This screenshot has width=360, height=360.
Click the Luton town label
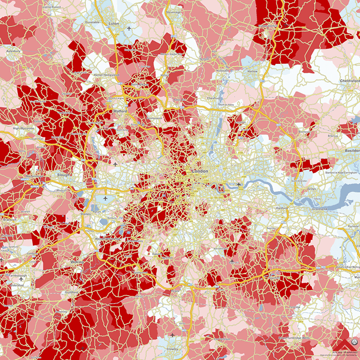pos(114,24)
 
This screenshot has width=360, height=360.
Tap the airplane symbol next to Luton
pos(129,28)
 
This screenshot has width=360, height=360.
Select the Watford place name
pos(120,110)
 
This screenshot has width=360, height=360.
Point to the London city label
pos(199,170)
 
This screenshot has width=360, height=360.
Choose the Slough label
pos(64,175)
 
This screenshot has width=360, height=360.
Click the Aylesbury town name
pos(12,51)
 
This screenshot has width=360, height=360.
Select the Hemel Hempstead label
pos(108,75)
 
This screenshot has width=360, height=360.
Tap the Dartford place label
pos(282,209)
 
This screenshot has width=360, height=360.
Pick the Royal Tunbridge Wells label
pos(294,338)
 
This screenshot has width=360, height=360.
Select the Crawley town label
pos(172,348)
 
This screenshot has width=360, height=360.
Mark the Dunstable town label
pos(92,23)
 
